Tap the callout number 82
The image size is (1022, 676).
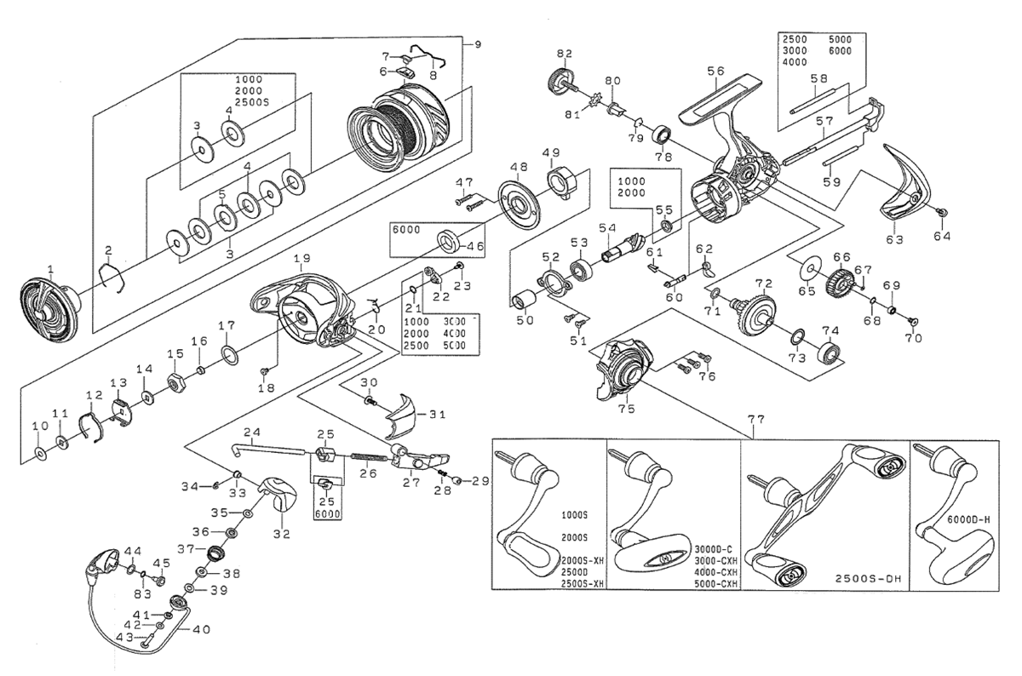click(x=564, y=54)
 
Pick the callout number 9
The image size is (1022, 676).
click(x=477, y=43)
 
